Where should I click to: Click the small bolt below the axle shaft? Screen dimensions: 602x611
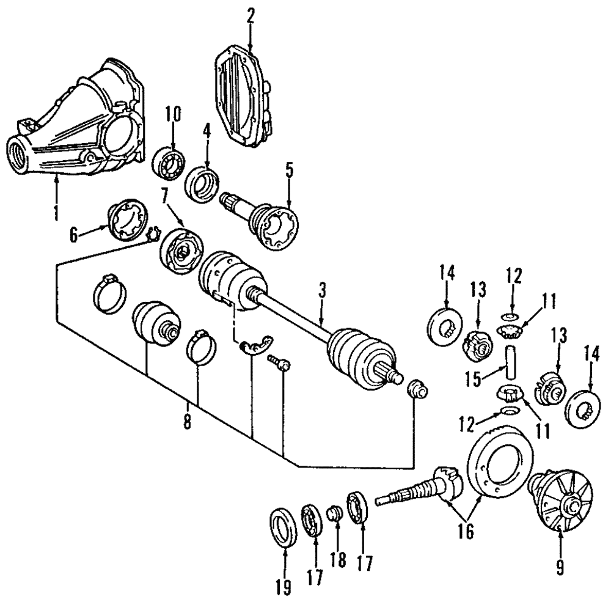coord(279,365)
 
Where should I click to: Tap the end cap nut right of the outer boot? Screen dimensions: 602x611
coord(416,389)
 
